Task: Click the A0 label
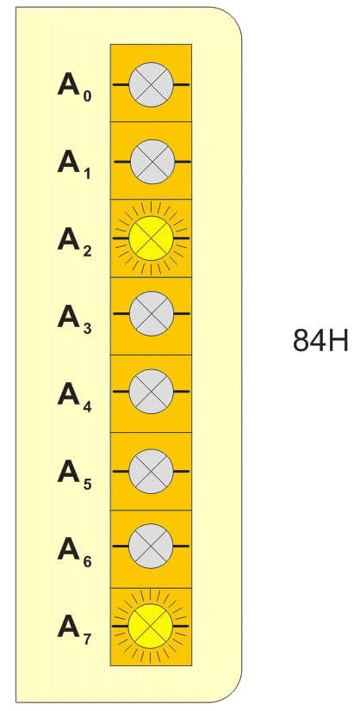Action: pos(74,88)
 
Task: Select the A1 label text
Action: pos(74,165)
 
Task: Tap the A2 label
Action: pos(74,243)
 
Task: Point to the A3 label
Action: pos(74,319)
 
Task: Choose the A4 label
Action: pos(74,398)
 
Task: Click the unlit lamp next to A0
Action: pos(152,85)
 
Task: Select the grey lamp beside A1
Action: pos(152,162)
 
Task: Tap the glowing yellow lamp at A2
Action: pos(152,238)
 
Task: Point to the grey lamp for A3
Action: pos(152,313)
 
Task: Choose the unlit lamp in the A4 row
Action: pos(152,391)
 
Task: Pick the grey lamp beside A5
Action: pos(152,472)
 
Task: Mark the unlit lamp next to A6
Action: pos(152,546)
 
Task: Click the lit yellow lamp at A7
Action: pos(151,626)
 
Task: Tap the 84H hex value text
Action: pos(320,341)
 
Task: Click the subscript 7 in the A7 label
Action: pos(87,639)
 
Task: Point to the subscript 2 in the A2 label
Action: pos(87,250)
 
